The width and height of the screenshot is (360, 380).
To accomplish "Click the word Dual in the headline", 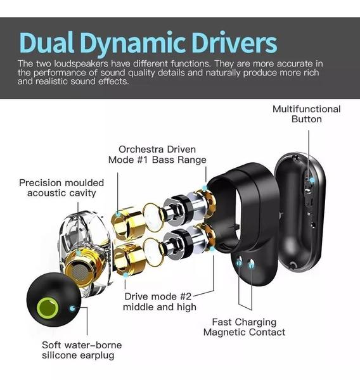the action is [46, 42].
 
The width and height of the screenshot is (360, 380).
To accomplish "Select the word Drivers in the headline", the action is [235, 42].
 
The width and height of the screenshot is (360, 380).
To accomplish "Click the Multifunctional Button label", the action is [306, 114].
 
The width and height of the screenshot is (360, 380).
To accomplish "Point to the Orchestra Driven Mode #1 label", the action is [157, 155].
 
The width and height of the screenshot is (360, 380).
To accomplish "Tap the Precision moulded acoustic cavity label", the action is [61, 188].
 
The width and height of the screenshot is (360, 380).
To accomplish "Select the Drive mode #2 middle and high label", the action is [159, 301].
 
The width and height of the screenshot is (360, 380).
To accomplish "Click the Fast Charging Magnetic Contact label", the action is [244, 327].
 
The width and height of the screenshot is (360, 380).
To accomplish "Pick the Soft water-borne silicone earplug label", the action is [82, 350].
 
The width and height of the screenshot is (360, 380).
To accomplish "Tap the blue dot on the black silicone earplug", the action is [72, 308].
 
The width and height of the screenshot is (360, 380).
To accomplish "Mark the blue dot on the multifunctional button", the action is [312, 180].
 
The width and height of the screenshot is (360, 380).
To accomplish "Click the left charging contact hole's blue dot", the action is [239, 262].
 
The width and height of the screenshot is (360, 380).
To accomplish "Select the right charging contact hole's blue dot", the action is [252, 265].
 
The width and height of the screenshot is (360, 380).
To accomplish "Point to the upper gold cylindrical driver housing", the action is [127, 222].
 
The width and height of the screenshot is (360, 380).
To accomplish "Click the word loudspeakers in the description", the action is [81, 64].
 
